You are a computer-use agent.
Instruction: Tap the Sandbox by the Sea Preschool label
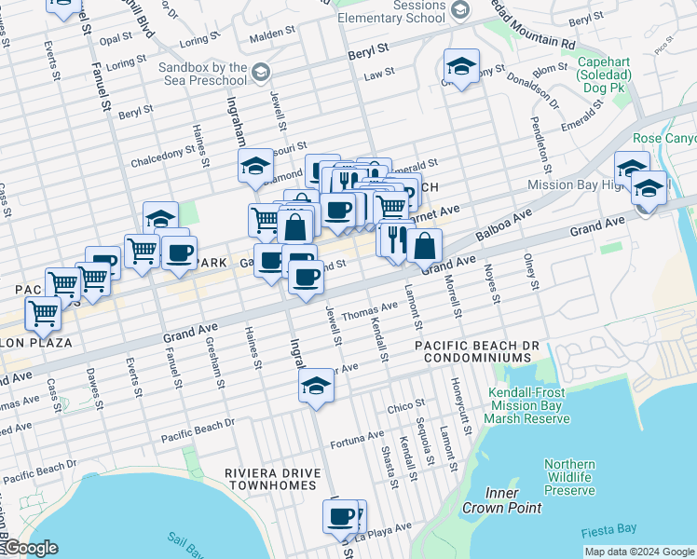pos(202,75)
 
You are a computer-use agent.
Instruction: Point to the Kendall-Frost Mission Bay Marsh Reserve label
pos(528,406)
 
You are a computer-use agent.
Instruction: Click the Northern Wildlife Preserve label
pos(569,477)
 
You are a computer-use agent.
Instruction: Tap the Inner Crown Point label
pos(500,500)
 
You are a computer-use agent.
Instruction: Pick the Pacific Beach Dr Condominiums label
pos(477,351)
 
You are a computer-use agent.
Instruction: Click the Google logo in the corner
pos(30,548)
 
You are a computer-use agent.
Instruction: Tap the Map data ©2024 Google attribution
pos(639,552)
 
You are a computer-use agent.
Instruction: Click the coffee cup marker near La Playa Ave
pos(342,516)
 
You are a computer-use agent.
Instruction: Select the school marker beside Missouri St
pos(255,167)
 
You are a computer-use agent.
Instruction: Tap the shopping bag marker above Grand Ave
pos(424,247)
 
